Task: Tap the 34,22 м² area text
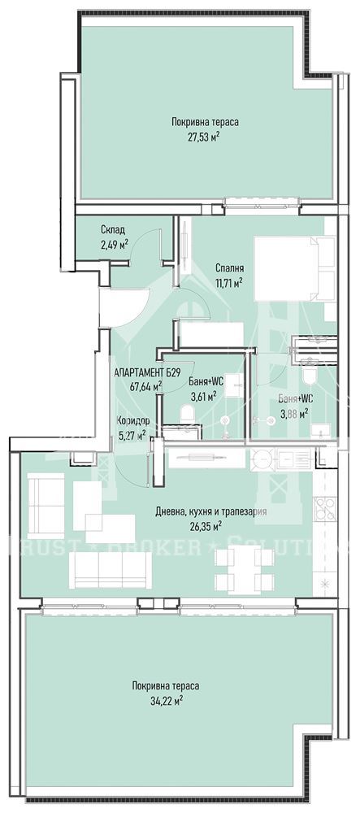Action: (x=165, y=700)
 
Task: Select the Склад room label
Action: (x=113, y=230)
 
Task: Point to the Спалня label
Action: (x=230, y=268)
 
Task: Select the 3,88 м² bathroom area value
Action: (x=295, y=412)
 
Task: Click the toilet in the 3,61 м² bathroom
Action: (x=188, y=414)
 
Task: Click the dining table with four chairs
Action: (x=244, y=565)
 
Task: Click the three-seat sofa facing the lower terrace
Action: (x=111, y=570)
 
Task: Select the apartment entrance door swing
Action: (x=126, y=308)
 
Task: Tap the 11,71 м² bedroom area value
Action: (x=230, y=283)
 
